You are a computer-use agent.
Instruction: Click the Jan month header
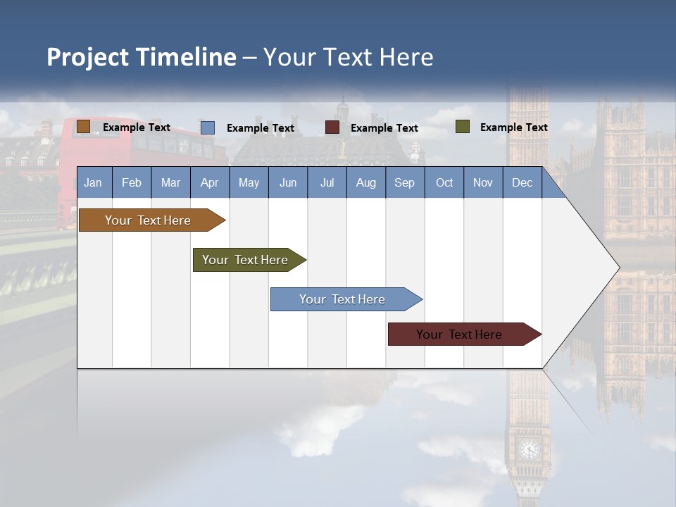click(x=93, y=182)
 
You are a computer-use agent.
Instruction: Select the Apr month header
click(x=209, y=182)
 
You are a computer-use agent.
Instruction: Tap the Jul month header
click(x=327, y=182)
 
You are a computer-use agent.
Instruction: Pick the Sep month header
click(x=404, y=182)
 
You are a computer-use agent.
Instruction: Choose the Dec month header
click(x=522, y=182)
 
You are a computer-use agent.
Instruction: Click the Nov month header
click(x=482, y=182)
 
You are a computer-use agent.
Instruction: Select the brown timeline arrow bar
click(x=148, y=220)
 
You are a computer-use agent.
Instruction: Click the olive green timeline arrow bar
click(x=245, y=260)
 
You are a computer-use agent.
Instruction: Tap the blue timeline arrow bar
click(x=342, y=299)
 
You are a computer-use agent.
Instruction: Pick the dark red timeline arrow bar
click(x=459, y=334)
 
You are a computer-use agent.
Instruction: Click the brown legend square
click(x=83, y=127)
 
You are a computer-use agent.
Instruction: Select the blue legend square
click(x=207, y=127)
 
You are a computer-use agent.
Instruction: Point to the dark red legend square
click(x=332, y=127)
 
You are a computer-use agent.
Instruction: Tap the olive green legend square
click(x=462, y=127)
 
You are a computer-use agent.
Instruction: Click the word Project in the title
click(x=87, y=57)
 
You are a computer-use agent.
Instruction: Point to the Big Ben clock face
click(x=528, y=449)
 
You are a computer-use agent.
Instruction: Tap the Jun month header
click(x=287, y=182)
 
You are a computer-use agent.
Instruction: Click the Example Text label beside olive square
click(x=513, y=127)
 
